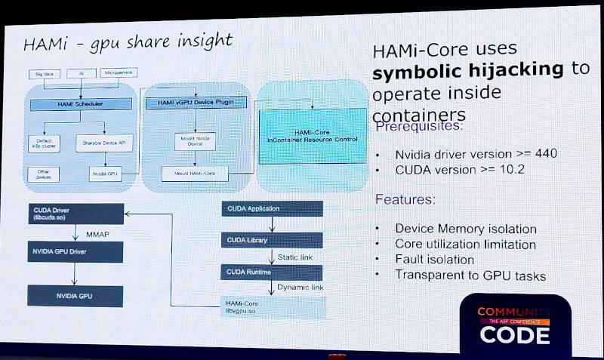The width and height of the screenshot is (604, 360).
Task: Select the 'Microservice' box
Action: [117, 73]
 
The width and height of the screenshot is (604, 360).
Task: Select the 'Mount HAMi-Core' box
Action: [191, 174]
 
